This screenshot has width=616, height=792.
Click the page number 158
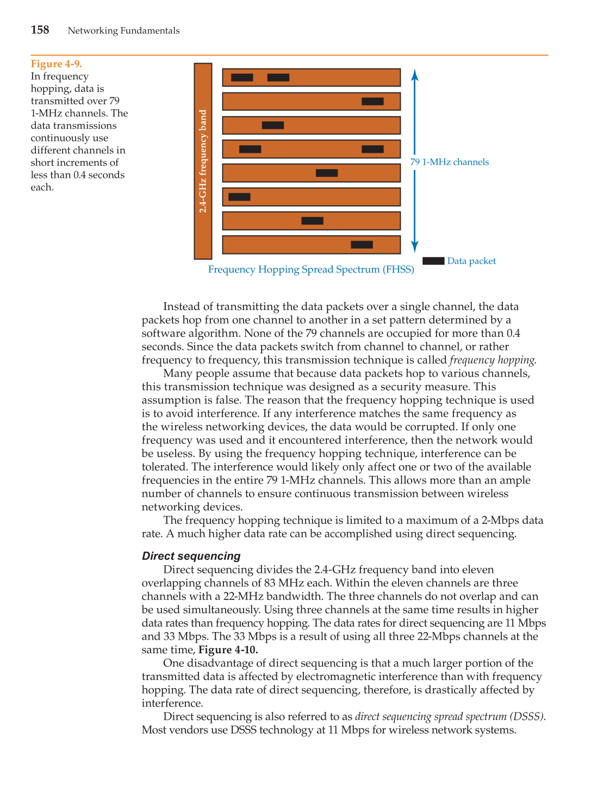[40, 30]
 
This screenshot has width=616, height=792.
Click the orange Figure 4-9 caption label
[56, 64]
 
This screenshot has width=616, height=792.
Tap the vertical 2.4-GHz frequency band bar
[203, 161]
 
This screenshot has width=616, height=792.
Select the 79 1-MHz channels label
[449, 162]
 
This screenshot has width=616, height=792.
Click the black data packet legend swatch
[433, 261]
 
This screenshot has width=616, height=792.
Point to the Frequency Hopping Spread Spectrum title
[311, 270]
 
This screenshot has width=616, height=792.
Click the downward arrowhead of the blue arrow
[415, 247]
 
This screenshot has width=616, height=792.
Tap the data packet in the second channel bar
[372, 101]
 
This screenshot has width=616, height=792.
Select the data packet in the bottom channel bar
[362, 245]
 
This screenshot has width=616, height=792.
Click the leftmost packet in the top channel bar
[242, 77]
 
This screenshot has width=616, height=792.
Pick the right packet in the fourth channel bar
[372, 149]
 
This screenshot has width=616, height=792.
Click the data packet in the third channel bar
[273, 125]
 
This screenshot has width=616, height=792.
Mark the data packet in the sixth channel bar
[239, 197]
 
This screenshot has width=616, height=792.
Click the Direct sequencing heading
[191, 556]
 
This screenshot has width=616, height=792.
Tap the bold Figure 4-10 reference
[228, 650]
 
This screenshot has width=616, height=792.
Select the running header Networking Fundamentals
[123, 30]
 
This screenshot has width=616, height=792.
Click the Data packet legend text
[471, 261]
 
